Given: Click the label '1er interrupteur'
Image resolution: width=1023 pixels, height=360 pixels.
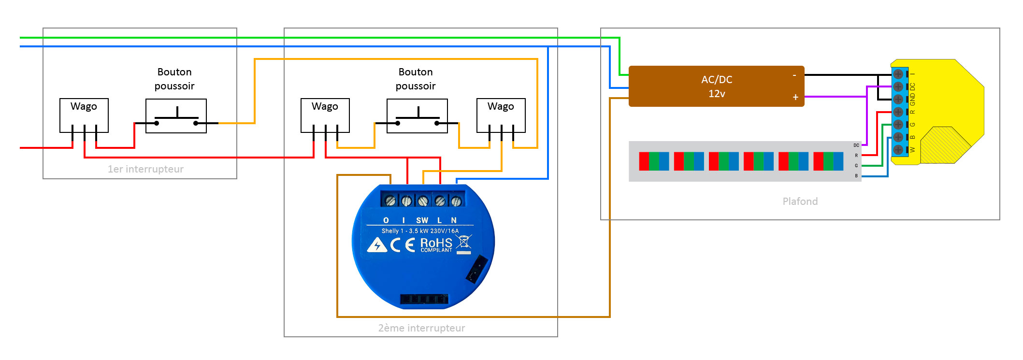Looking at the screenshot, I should click(x=145, y=169).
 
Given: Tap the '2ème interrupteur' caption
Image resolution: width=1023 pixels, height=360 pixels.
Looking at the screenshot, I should click(x=421, y=328).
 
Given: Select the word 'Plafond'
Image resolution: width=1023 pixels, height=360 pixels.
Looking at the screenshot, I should click(x=800, y=202).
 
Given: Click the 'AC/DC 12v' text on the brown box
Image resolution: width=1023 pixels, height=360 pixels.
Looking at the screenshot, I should click(x=716, y=86).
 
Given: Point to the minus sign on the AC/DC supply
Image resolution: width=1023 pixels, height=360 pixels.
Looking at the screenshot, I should click(x=794, y=75).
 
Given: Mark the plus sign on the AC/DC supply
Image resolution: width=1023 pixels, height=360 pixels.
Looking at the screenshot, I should click(x=795, y=98).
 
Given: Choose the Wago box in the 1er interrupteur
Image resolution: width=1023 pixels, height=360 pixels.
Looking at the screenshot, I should click(x=84, y=115).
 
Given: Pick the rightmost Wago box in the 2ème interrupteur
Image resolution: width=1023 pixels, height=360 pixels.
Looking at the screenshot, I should click(x=501, y=115).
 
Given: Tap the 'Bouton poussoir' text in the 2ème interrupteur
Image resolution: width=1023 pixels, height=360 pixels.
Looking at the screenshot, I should click(x=416, y=79).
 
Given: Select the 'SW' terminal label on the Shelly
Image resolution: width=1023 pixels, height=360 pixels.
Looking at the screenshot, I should click(x=422, y=220).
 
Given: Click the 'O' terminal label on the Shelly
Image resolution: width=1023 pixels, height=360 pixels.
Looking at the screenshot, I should click(x=386, y=220).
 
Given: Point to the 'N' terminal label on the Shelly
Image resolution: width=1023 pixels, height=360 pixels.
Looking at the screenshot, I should click(x=454, y=220).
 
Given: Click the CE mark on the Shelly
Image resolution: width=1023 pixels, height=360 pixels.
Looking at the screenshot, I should click(x=403, y=245).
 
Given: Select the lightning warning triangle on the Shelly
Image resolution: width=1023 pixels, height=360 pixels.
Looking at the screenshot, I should click(x=377, y=245).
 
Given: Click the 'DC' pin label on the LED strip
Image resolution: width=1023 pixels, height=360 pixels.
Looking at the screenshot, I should click(x=856, y=145).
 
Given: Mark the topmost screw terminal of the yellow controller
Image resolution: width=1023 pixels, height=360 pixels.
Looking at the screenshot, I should click(x=898, y=74).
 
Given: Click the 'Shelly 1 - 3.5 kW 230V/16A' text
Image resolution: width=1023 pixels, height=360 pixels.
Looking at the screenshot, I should click(x=420, y=231).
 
